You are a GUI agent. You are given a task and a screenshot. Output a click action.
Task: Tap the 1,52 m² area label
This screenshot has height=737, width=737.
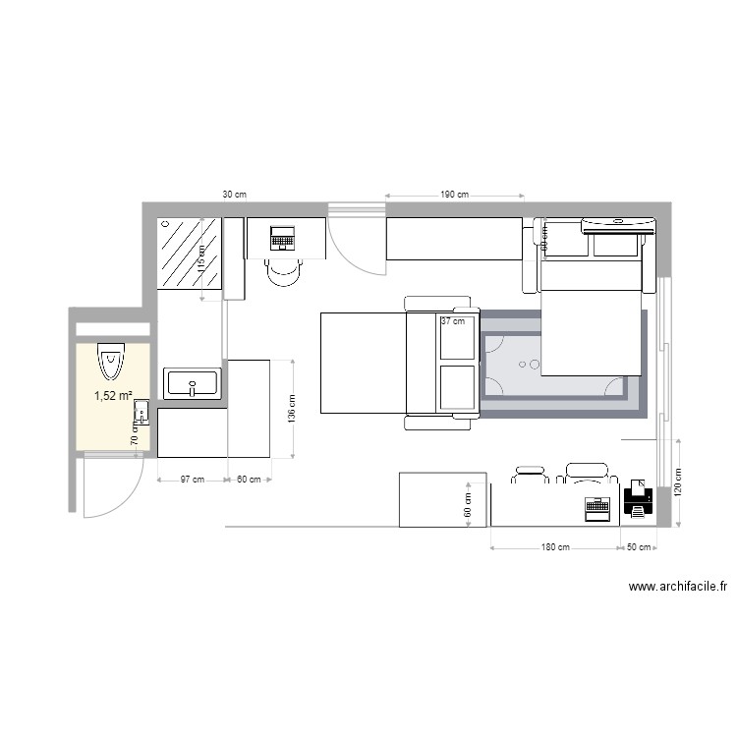point(113,397)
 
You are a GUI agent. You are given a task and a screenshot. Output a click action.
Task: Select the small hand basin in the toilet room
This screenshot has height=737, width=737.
point(142,413)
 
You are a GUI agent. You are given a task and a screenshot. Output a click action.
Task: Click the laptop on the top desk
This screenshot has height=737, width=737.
point(283,238)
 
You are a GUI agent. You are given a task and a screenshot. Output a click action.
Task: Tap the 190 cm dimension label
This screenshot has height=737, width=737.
point(453,196)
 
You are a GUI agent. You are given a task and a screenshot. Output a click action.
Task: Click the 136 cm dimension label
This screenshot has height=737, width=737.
point(290,410)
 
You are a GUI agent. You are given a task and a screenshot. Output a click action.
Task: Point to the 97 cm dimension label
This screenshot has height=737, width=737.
point(192,480)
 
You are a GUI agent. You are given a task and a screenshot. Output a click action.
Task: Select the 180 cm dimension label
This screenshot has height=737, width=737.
point(555,547)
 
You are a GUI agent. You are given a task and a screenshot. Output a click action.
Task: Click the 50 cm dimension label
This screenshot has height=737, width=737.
point(639,547)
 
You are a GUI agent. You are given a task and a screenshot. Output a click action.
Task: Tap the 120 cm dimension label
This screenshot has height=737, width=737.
point(677,481)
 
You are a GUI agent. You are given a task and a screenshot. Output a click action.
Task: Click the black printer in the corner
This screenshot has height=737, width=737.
point(638,501)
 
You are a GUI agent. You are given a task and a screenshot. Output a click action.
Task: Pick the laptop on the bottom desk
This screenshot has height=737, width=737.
point(596,508)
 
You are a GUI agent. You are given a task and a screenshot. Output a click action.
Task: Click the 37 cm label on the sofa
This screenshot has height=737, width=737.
point(453,321)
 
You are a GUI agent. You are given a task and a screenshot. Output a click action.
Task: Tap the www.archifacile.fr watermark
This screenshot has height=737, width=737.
point(678,588)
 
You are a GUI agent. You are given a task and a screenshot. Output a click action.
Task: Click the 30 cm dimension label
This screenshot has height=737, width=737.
point(234,196)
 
